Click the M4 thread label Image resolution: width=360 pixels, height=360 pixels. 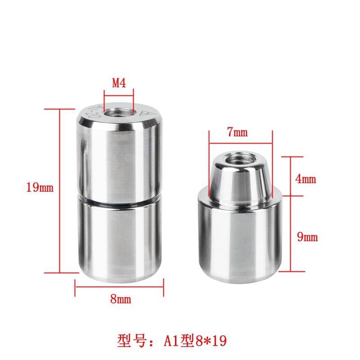pos(118,83)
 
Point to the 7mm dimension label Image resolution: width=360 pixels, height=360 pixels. pos(238,132)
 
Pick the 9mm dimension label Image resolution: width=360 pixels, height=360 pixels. pos(307,237)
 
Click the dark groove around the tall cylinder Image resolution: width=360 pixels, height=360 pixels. pos(119,201)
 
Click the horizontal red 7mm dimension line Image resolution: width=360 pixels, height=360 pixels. pos(240,143)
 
